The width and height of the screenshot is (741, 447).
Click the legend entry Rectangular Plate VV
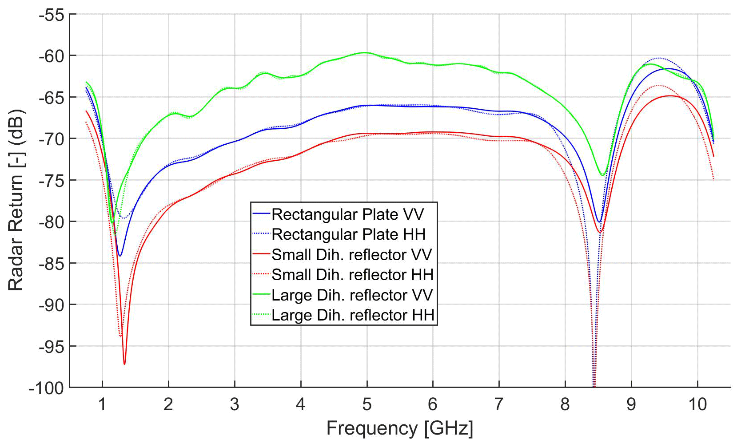(x=347, y=214)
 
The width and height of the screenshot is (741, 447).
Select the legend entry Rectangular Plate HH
(x=348, y=234)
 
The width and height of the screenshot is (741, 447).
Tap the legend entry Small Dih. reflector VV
(x=351, y=255)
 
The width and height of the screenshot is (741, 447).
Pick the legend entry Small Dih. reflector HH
(x=352, y=275)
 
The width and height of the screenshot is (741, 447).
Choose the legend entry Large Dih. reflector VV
(x=352, y=295)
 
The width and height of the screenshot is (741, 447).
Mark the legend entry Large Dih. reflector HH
(x=353, y=315)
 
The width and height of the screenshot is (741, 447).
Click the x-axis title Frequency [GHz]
(x=400, y=428)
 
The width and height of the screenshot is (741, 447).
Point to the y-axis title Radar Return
(x=16, y=200)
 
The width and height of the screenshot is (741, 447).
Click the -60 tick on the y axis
(x=52, y=56)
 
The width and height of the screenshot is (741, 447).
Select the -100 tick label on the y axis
(x=47, y=388)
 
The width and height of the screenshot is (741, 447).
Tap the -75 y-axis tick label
(x=52, y=181)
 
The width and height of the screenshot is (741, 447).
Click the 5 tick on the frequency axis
(x=367, y=404)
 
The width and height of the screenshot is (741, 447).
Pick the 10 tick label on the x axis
(x=697, y=404)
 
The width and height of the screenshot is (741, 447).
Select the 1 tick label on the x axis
(x=102, y=404)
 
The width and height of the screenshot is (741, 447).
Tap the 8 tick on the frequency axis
(x=565, y=404)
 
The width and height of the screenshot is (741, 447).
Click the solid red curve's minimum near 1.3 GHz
(x=124, y=364)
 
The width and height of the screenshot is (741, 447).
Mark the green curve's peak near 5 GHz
(x=365, y=52)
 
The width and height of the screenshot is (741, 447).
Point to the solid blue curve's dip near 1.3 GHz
(x=120, y=256)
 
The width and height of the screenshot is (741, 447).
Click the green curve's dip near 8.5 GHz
(x=602, y=175)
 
